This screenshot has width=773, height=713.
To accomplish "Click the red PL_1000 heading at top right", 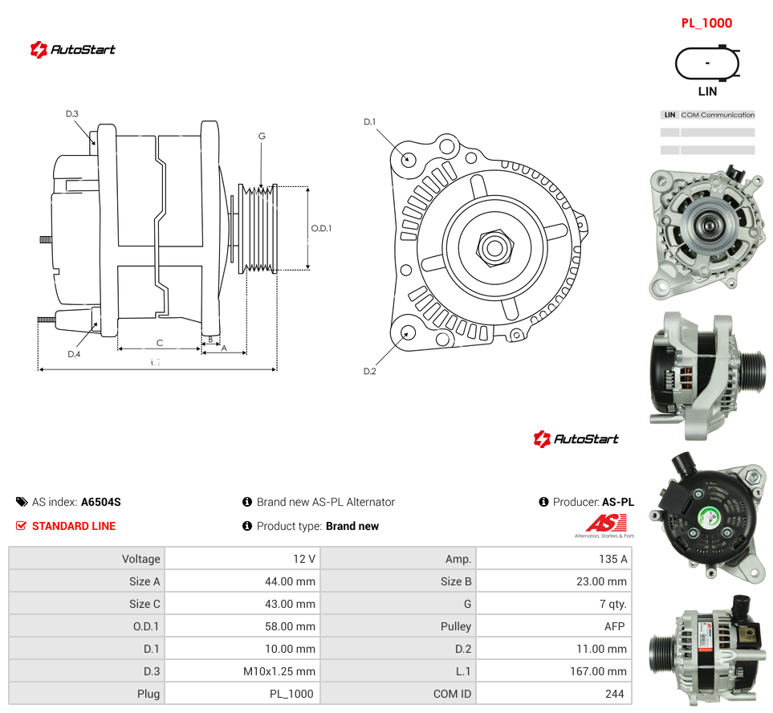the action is pyautogui.click(x=706, y=23).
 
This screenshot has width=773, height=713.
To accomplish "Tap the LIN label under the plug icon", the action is pyautogui.click(x=707, y=92).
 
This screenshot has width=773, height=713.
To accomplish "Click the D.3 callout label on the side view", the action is pyautogui.click(x=72, y=114).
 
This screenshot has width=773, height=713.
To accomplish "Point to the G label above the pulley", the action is pyautogui.click(x=262, y=136).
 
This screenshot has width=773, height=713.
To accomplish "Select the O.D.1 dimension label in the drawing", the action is pyautogui.click(x=321, y=228).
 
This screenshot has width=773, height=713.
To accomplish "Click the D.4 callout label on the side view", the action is pyautogui.click(x=74, y=354).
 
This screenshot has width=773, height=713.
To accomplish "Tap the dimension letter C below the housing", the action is pyautogui.click(x=159, y=343).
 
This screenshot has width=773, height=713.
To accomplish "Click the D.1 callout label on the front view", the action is pyautogui.click(x=370, y=122).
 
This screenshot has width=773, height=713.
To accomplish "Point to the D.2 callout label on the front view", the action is pyautogui.click(x=370, y=371).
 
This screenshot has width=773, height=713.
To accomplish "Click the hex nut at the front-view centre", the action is pyautogui.click(x=495, y=247).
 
